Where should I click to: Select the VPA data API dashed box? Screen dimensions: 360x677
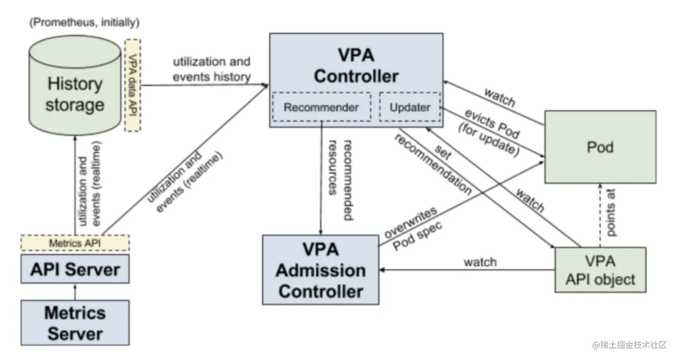pos(133,85)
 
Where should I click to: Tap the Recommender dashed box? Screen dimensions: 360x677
pos(321,107)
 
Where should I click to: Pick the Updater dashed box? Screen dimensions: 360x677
pos(409,107)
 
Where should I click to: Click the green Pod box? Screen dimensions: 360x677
pos(600,147)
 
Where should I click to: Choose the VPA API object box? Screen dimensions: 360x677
pos(600,270)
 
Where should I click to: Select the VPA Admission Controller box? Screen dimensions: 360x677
pos(320,270)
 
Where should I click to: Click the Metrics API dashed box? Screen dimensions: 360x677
pos(75,242)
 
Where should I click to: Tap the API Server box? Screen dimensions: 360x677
pos(75,269)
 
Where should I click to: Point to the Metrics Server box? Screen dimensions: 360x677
pos(75,323)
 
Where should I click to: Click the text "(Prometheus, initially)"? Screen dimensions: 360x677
pos(84,22)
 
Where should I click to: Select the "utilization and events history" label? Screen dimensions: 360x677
pos(212,69)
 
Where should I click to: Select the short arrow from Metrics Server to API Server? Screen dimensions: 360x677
pos(75,292)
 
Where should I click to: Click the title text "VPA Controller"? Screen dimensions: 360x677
pos(355,66)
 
